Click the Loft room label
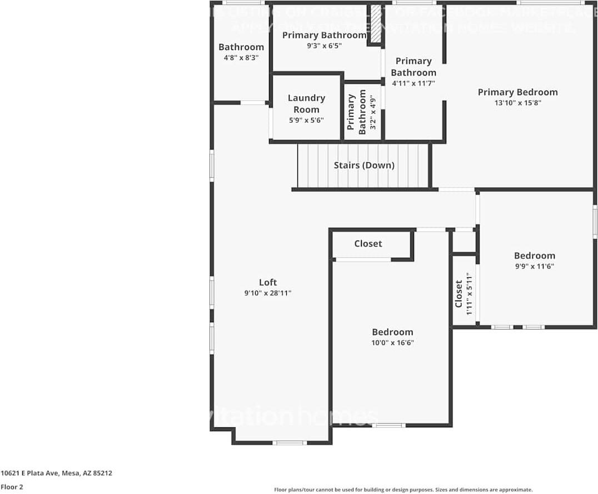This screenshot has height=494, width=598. (267, 282)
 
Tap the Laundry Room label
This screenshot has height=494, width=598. (306, 103)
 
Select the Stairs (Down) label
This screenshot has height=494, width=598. (364, 165)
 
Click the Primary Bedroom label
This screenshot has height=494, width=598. (517, 92)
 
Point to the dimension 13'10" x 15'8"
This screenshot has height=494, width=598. (517, 103)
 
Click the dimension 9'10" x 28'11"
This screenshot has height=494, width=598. (267, 293)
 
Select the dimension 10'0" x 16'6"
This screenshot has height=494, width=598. (392, 343)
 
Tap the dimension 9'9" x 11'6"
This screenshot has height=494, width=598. (534, 266)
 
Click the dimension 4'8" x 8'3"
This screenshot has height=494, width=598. (241, 57)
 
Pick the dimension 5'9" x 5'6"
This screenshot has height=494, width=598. (306, 120)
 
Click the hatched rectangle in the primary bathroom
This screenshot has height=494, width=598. (376, 23)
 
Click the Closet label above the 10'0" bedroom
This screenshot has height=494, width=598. (368, 243)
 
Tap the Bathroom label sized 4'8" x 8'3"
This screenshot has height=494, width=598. (241, 47)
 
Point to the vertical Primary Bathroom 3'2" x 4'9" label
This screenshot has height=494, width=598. (357, 114)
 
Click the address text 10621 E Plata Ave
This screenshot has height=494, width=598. (56, 473)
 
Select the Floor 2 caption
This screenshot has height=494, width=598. (12, 487)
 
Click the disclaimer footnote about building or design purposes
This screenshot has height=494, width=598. (403, 490)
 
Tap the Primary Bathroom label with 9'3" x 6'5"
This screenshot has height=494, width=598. (324, 36)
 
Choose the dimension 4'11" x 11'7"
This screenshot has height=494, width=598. (413, 83)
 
